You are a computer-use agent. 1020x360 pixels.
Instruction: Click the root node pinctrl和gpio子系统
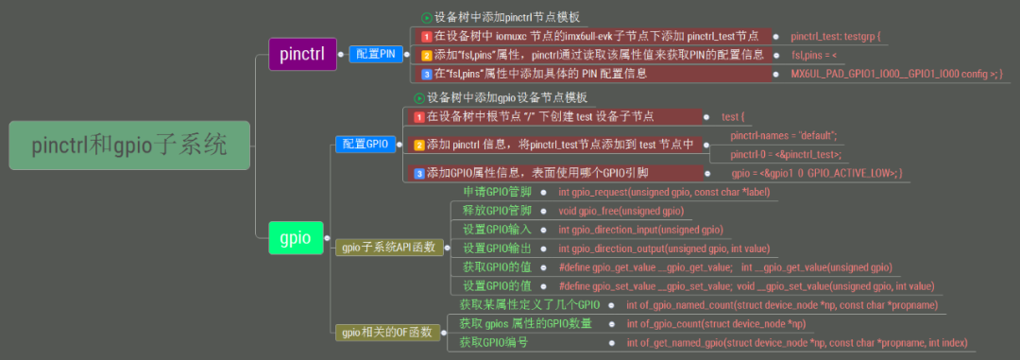point(128,146)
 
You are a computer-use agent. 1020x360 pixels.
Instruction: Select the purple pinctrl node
point(301,54)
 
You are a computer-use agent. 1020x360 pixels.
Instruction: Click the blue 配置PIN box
point(375,54)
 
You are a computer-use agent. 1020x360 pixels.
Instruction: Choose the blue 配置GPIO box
point(365,144)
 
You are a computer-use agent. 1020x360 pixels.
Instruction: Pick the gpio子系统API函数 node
point(388,248)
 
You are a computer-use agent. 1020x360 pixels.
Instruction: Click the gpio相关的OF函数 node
point(386,332)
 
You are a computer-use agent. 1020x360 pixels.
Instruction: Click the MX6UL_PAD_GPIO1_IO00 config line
point(896,74)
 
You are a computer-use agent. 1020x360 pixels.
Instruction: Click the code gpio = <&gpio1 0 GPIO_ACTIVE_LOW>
point(818,173)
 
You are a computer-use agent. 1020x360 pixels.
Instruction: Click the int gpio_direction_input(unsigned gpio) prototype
point(640,230)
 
